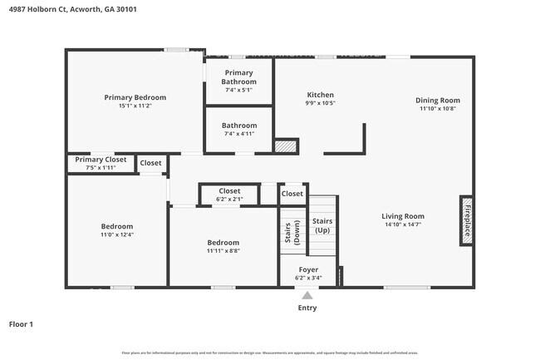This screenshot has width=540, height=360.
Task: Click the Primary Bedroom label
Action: [x=135, y=97]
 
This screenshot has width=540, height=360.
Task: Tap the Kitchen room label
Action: [x=320, y=95]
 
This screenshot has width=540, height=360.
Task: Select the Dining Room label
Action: [x=438, y=101]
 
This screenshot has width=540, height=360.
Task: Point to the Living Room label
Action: [x=403, y=216]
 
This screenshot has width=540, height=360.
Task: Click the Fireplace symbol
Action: [x=467, y=221]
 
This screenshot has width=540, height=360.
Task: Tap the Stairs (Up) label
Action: [x=322, y=224]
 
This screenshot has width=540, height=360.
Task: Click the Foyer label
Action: [x=308, y=270]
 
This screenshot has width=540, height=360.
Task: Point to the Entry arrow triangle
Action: [x=307, y=295]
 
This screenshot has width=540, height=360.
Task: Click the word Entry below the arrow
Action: [x=307, y=308]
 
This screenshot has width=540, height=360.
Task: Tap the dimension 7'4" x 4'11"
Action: [x=239, y=134]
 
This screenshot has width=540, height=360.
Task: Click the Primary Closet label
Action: [x=101, y=160]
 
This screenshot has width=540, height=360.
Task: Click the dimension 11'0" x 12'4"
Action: [x=117, y=234]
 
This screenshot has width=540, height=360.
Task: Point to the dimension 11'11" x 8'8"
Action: [x=223, y=251]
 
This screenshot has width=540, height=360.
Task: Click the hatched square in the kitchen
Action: [x=286, y=146]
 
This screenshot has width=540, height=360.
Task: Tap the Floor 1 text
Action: [x=21, y=324]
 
